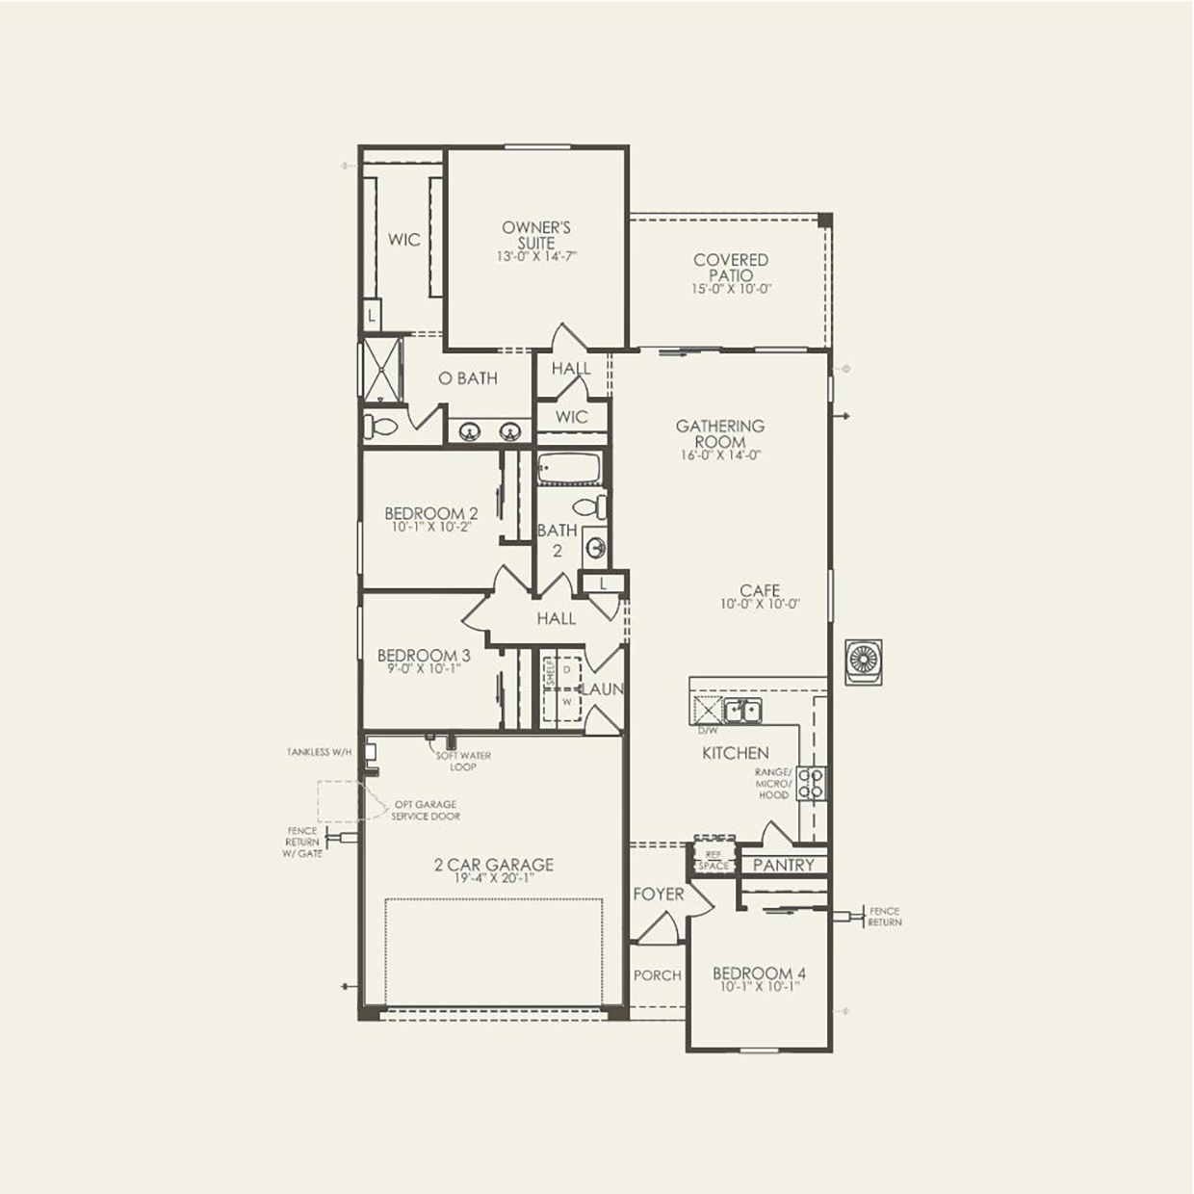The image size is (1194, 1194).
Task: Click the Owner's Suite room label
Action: tap(536, 235)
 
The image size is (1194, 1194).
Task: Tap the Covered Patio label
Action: tap(731, 268)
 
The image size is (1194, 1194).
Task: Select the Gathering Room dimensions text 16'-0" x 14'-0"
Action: tap(720, 455)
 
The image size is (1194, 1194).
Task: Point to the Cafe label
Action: tap(760, 590)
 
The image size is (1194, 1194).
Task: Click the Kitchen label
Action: tap(735, 753)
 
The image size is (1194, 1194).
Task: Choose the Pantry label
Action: tap(783, 865)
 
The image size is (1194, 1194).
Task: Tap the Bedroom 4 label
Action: tap(760, 973)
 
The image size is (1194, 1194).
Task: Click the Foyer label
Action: tap(659, 895)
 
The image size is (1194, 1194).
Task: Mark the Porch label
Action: tap(658, 975)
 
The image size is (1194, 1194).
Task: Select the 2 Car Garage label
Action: tap(494, 865)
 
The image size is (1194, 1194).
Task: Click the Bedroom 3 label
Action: tap(424, 656)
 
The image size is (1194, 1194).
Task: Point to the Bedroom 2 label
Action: tap(431, 513)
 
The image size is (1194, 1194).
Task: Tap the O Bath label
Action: tap(468, 378)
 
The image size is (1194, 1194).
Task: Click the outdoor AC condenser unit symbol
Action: tap(864, 662)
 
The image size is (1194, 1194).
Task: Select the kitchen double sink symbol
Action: tap(742, 712)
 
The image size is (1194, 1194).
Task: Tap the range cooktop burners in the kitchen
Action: tap(812, 783)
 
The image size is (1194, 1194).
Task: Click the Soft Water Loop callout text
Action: tap(463, 761)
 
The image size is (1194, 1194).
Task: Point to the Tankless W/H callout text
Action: tap(320, 752)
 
